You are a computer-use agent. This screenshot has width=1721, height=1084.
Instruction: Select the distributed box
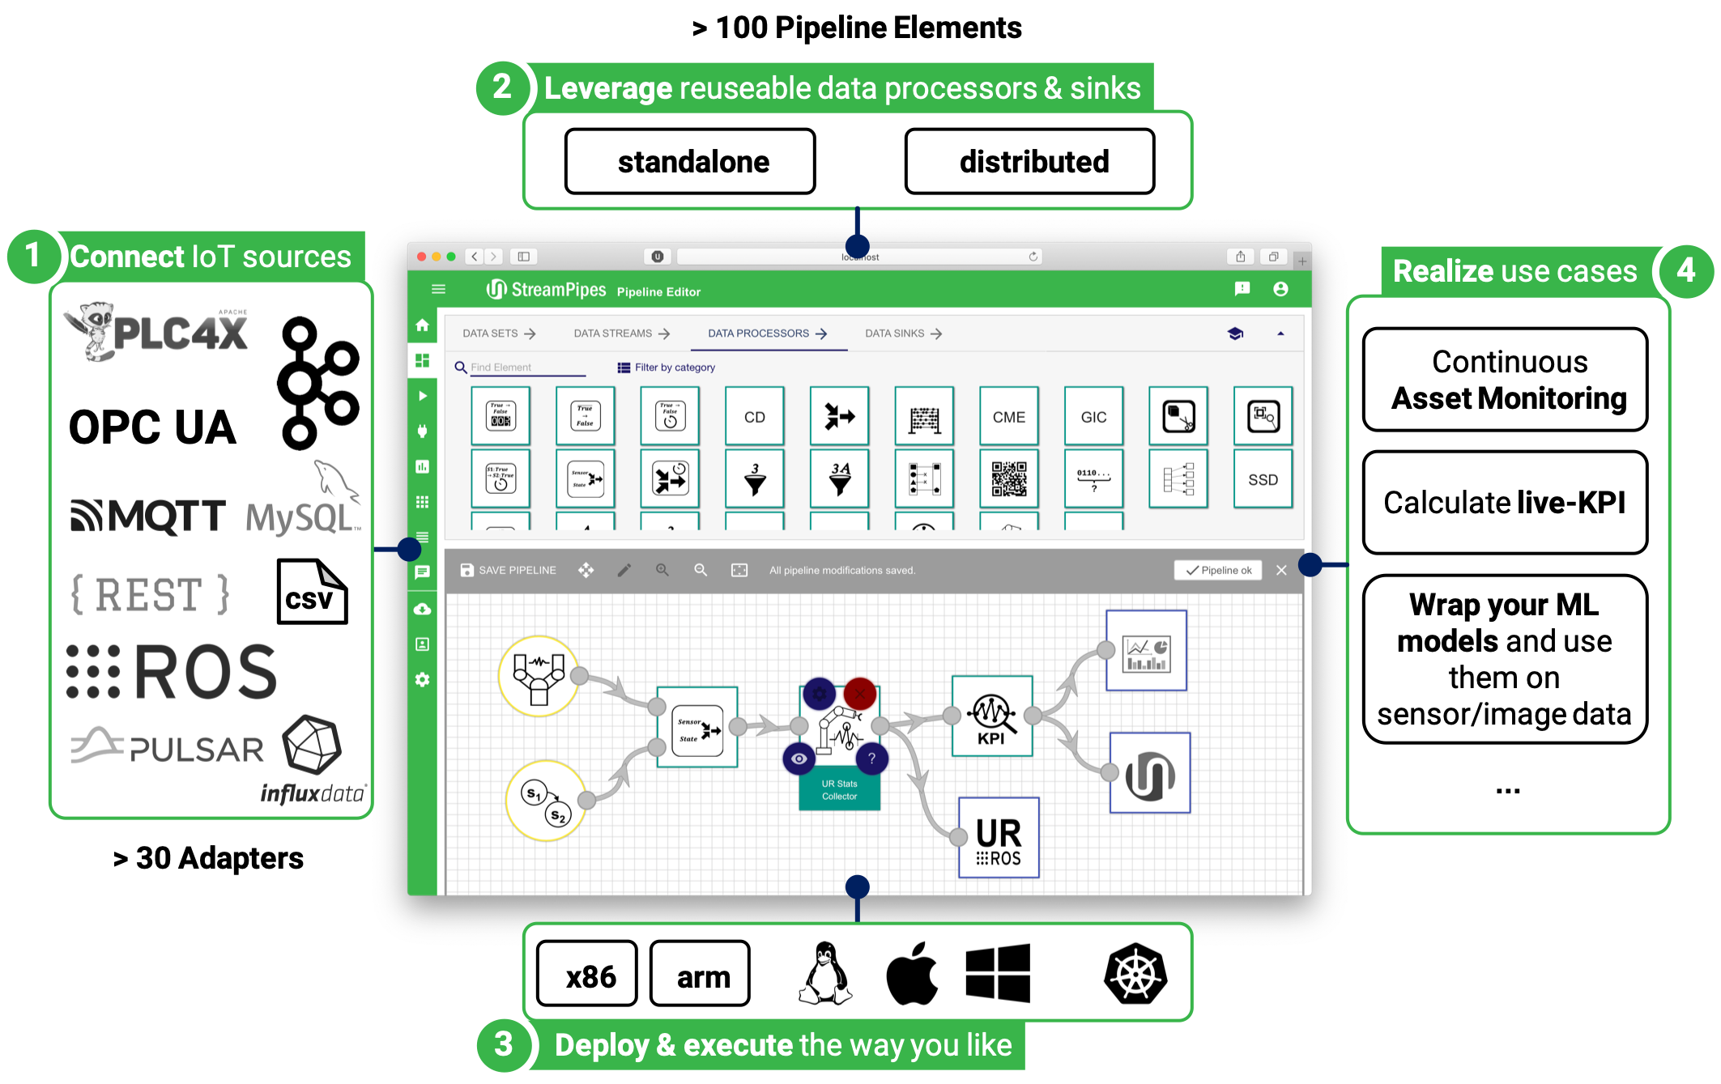(x=1029, y=162)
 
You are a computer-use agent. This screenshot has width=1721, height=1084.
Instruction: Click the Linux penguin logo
(x=825, y=974)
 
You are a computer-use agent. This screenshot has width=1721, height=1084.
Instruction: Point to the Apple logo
(x=912, y=974)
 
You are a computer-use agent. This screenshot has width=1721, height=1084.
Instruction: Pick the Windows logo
(x=998, y=973)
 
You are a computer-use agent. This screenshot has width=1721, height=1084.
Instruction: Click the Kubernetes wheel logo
(x=1135, y=974)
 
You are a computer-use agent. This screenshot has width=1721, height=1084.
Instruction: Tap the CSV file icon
(x=312, y=592)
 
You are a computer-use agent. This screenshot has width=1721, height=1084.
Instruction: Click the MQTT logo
(x=148, y=516)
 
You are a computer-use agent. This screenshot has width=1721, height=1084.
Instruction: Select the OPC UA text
(x=152, y=427)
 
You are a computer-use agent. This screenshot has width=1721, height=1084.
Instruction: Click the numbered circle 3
(x=504, y=1044)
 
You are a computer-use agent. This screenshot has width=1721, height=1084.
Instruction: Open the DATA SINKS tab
(x=902, y=334)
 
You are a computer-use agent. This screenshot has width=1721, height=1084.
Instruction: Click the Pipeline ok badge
(x=1218, y=570)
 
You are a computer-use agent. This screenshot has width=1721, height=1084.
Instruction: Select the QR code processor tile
(x=1008, y=479)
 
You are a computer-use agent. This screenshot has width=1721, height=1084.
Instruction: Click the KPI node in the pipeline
(x=992, y=716)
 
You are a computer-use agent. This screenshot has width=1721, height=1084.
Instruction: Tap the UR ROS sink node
(x=999, y=838)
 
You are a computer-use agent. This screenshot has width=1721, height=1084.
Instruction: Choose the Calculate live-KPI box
(x=1505, y=503)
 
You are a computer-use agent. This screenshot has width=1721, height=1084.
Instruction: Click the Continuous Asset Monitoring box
(x=1505, y=380)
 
